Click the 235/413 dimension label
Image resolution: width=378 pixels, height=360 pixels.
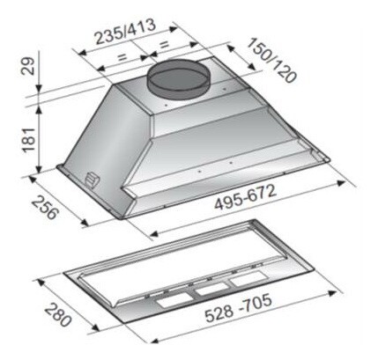(126, 32)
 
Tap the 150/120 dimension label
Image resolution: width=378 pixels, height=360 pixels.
(271, 60)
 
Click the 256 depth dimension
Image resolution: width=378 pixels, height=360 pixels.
(44, 208)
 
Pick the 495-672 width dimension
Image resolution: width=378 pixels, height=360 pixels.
(245, 197)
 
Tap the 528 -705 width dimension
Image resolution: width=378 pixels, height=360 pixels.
(238, 308)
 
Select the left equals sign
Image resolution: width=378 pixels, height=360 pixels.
(122, 56)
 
